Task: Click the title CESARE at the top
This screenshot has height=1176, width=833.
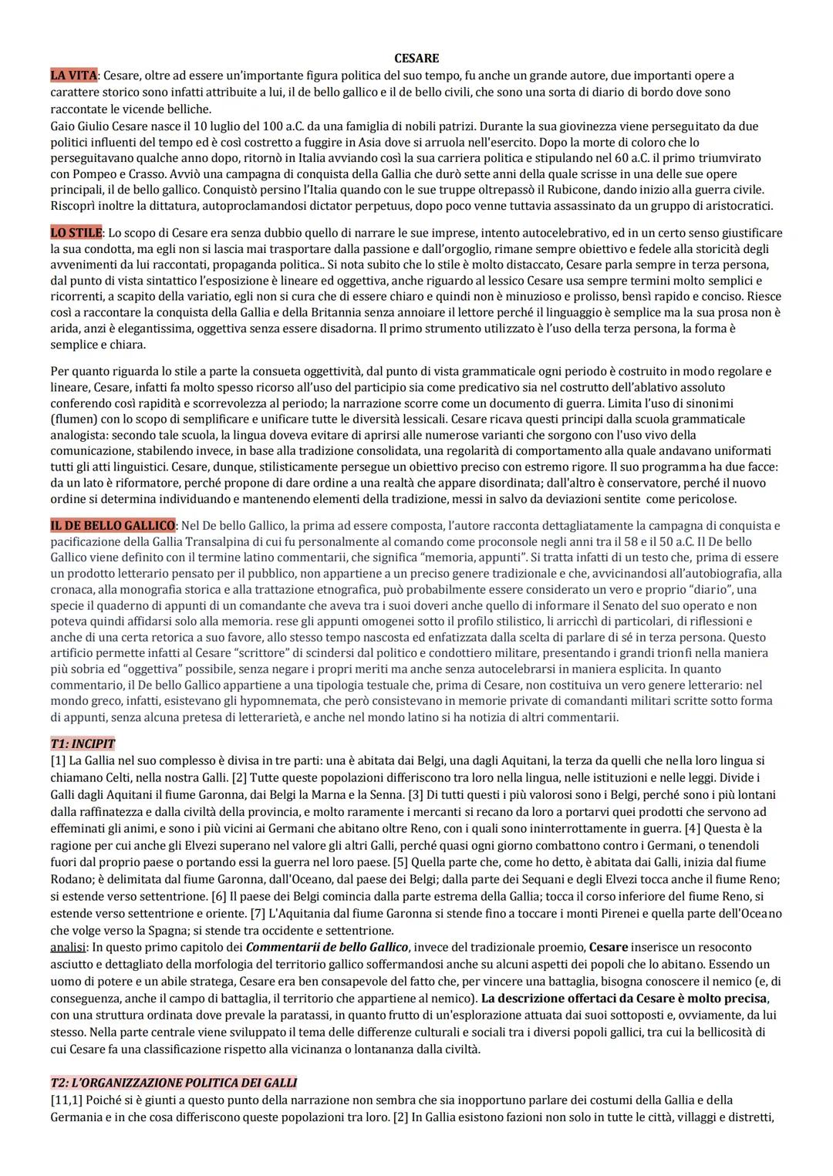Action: (x=416, y=58)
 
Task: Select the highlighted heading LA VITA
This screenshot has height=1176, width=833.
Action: (x=73, y=76)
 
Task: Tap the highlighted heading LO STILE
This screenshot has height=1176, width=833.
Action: (x=76, y=233)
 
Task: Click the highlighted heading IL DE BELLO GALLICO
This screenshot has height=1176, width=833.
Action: (x=113, y=526)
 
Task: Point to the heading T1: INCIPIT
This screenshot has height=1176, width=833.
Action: (x=83, y=744)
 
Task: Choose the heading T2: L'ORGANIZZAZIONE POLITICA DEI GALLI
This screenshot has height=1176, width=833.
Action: (x=174, y=1083)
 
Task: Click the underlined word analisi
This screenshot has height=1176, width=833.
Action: (x=68, y=947)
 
